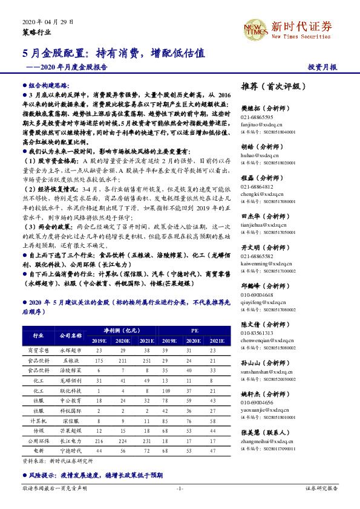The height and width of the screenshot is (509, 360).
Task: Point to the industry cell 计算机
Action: [38, 421]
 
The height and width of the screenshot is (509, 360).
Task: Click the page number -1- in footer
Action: [179, 488]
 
